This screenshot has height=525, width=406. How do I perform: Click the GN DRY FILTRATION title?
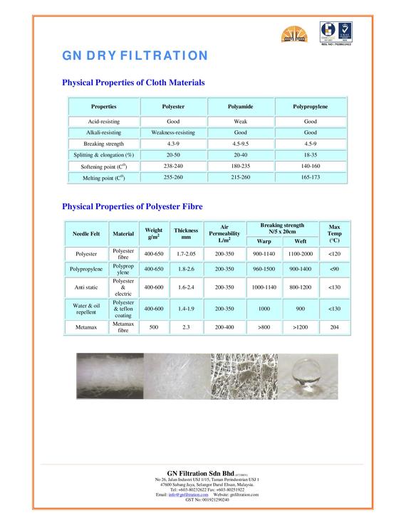(x=135, y=55)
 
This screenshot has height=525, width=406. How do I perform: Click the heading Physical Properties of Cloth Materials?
(x=134, y=83)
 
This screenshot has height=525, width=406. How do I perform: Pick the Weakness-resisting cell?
(x=173, y=132)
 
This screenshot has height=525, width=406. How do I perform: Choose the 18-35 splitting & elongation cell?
(x=310, y=154)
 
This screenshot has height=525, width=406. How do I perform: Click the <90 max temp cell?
(x=334, y=270)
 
